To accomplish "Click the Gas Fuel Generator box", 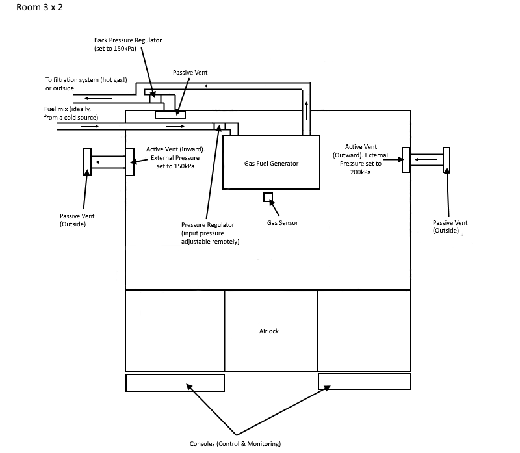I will click(272, 162).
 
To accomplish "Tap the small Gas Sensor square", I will click(267, 198).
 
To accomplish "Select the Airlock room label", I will click(269, 331).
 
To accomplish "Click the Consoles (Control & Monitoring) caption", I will click(235, 444).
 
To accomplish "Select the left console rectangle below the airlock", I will click(175, 383).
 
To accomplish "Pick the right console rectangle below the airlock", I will click(364, 382).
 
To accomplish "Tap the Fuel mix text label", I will click(71, 114).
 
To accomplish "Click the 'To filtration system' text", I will click(86, 84).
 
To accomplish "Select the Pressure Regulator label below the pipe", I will click(210, 233).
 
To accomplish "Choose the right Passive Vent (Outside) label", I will click(450, 226).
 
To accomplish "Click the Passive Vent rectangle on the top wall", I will click(170, 115).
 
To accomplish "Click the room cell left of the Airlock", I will click(175, 331).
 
